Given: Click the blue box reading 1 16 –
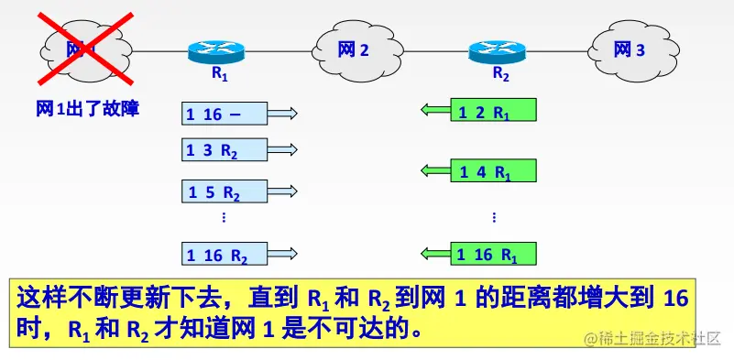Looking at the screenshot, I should (x=225, y=114).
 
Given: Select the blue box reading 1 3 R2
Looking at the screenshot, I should (x=225, y=149).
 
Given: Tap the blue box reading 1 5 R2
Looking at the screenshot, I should (x=225, y=192).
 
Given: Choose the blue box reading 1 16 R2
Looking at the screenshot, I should (x=225, y=254).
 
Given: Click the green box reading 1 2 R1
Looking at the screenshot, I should (x=494, y=112).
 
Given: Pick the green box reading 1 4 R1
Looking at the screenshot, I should (x=494, y=170).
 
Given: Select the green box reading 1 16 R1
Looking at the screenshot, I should (x=494, y=253).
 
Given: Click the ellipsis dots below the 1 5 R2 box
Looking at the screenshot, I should (x=225, y=218).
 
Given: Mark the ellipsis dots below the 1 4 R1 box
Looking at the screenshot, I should (x=494, y=218).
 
